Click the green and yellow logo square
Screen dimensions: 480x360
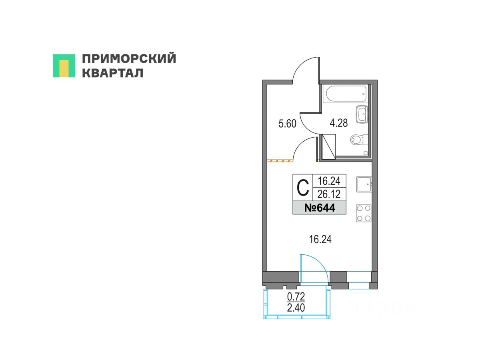coord(64,66)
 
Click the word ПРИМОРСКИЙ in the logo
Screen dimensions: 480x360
coord(129,58)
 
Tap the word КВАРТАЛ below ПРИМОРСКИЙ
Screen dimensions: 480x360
coord(113,73)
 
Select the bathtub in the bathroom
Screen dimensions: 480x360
coord(346,94)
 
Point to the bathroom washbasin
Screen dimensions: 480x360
coord(362,114)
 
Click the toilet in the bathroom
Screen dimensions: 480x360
coord(359,140)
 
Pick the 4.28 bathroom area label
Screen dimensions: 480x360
coord(338,123)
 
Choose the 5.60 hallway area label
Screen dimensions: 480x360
coord(287,124)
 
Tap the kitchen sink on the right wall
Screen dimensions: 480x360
coord(364,184)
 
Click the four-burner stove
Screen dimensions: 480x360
coord(364,213)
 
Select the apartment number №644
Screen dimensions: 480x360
coord(320,208)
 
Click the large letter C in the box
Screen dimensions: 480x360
coord(303,187)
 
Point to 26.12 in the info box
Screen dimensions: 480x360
coord(329,194)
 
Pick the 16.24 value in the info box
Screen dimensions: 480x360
coord(329,181)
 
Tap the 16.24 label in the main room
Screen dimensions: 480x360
coord(320,240)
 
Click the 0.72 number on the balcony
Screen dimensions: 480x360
coord(296,297)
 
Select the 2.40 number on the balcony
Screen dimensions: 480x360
coord(296,308)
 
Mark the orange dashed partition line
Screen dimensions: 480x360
coord(280,161)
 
